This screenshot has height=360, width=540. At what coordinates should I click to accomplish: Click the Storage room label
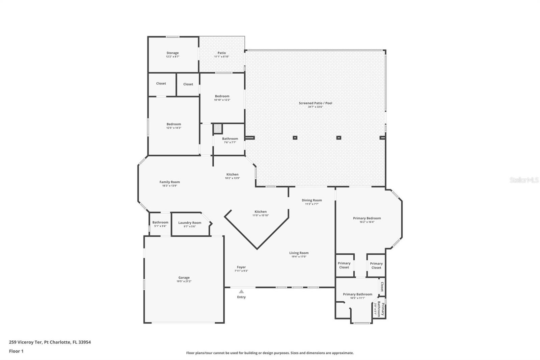172,53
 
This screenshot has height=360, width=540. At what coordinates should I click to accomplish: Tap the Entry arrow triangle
241,291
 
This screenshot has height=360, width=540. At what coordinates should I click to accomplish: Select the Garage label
184,278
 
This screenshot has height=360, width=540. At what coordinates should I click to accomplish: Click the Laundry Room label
190,223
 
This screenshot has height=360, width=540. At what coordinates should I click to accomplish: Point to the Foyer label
241,267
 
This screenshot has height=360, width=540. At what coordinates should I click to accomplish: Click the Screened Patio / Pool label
315,103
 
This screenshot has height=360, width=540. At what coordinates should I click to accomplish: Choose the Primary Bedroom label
367,218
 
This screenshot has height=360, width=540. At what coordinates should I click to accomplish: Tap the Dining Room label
312,200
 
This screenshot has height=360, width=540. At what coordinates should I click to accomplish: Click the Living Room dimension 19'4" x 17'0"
299,257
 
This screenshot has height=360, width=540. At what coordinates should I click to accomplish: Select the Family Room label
170,182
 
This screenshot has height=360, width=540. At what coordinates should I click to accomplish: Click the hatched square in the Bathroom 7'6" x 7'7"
217,129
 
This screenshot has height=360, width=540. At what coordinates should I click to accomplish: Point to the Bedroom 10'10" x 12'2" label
222,96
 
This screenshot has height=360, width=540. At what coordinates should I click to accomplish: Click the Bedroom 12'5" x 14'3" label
174,124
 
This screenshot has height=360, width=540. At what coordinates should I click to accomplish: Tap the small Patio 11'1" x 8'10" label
222,53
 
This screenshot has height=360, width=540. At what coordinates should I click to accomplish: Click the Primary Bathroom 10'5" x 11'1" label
357,294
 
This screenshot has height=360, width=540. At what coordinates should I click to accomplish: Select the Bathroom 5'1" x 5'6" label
160,223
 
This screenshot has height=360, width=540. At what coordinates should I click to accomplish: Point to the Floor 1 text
16,351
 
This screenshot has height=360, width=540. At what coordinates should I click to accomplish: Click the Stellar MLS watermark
524,180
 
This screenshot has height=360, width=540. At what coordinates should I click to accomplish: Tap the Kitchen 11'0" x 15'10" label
261,212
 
